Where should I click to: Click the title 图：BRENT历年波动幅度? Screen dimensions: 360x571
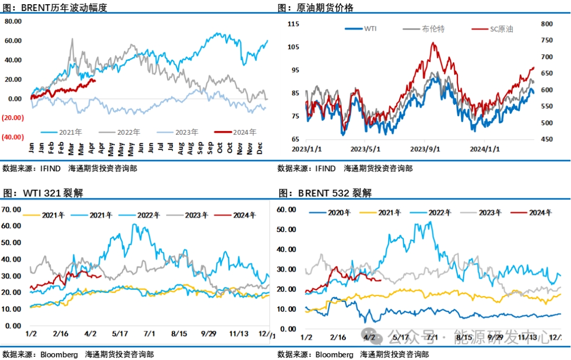coord(55,8)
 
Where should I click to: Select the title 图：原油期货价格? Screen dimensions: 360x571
coord(316,8)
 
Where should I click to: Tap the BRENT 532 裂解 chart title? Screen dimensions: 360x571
coord(325,193)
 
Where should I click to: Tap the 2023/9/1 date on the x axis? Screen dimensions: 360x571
coord(426,149)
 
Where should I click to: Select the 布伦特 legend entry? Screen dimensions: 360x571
coord(434,29)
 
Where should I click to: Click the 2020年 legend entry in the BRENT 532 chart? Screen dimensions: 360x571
coord(339,213)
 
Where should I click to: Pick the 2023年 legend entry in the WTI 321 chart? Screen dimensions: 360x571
coord(195,215)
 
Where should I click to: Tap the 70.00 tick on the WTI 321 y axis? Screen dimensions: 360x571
coord(12,209)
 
